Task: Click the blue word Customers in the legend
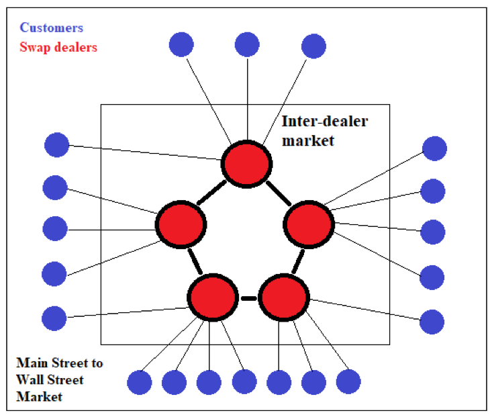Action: [x=52, y=28]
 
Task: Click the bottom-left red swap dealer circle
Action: [x=212, y=297]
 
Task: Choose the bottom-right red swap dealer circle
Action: [x=283, y=297]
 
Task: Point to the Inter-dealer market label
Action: [x=325, y=131]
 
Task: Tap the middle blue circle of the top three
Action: [x=247, y=45]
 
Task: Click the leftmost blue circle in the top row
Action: [x=181, y=45]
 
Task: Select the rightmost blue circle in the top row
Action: [x=313, y=47]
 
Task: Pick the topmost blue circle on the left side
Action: [x=57, y=145]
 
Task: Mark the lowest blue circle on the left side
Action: [x=54, y=318]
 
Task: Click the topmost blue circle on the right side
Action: [x=434, y=148]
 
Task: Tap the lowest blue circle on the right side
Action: [x=432, y=322]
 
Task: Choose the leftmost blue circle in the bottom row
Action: [x=140, y=383]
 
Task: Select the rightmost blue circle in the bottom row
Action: [x=348, y=381]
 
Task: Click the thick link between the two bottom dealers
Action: [x=248, y=297]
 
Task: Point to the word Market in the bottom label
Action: [x=39, y=396]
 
